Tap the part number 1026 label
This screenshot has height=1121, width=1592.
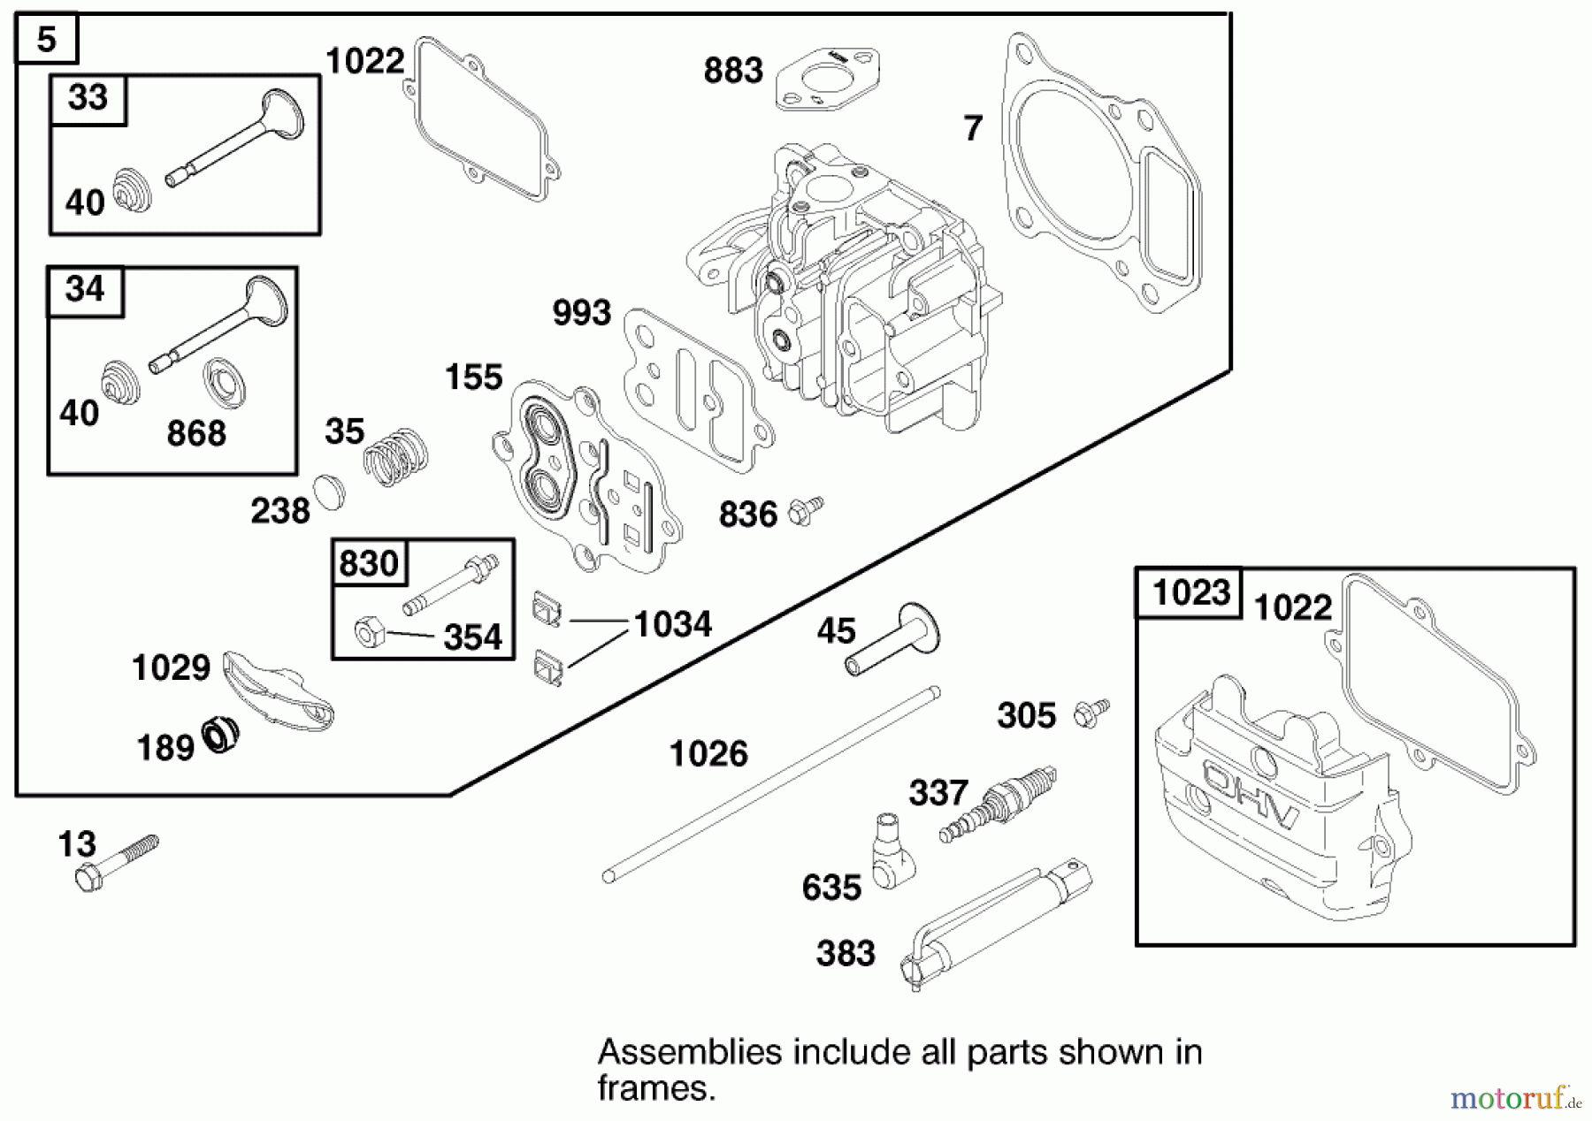pyautogui.click(x=708, y=754)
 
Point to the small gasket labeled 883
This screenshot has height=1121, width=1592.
pyautogui.click(x=828, y=80)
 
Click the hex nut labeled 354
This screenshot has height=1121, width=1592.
pyautogui.click(x=367, y=632)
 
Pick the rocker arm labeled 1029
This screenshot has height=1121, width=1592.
pyautogui.click(x=277, y=690)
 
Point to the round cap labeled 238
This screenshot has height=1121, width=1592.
pyautogui.click(x=329, y=492)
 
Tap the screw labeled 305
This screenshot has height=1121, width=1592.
pyautogui.click(x=1091, y=713)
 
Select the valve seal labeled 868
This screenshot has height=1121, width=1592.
pyautogui.click(x=224, y=383)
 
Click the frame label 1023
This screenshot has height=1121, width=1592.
pyautogui.click(x=1190, y=592)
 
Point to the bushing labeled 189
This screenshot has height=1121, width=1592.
pyautogui.click(x=221, y=735)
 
